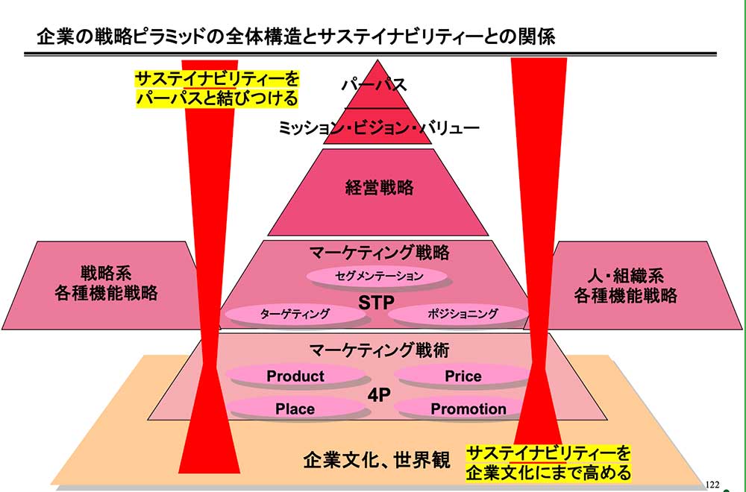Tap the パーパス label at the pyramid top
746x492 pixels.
tap(373, 84)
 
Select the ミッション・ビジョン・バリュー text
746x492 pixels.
tap(378, 127)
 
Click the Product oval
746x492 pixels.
tap(295, 376)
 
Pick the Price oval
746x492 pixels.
tap(463, 376)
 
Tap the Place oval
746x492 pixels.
tap(295, 409)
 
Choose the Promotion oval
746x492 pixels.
tap(468, 409)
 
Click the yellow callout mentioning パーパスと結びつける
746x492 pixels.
tap(216, 88)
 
